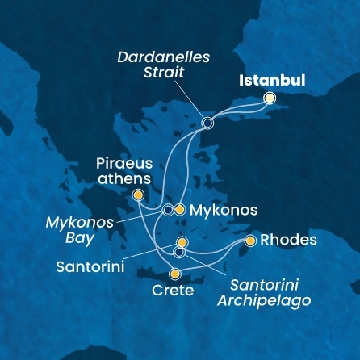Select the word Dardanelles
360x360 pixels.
click(163, 58)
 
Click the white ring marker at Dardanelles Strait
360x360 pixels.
click(207, 123)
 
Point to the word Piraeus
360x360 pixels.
click(119, 164)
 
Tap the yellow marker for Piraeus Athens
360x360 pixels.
click(138, 195)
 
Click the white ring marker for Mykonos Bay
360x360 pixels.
click(167, 210)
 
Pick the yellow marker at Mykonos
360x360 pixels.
click(179, 210)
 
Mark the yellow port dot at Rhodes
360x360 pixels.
click(250, 241)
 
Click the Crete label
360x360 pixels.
click(173, 291)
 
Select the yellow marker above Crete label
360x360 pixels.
click(174, 274)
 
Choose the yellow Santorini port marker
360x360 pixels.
click(182, 242)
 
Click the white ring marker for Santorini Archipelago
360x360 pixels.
click(179, 253)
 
